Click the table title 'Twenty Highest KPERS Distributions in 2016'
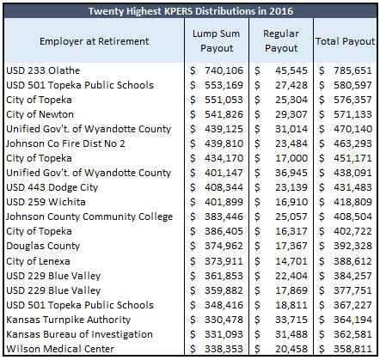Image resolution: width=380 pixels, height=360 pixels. (191, 11)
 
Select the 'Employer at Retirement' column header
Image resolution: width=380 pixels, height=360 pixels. (94, 41)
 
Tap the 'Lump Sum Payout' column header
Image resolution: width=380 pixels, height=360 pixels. (217, 40)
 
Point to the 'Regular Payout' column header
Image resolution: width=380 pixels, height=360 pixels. (281, 40)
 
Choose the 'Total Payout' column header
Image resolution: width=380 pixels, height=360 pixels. (345, 41)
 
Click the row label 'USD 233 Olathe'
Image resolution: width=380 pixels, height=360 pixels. (43, 70)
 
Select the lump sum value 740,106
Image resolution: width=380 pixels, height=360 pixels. (224, 70)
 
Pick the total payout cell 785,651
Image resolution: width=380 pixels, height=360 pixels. (352, 70)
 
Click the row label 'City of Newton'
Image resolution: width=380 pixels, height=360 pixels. (40, 114)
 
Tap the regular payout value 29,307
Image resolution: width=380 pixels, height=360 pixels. (291, 114)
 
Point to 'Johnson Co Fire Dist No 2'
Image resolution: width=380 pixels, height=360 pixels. (65, 143)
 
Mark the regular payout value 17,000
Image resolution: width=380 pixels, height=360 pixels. (291, 158)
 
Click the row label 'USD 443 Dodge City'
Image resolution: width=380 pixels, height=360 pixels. (52, 187)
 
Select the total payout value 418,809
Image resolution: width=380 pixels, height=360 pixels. (352, 202)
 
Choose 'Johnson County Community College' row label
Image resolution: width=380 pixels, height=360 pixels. (89, 217)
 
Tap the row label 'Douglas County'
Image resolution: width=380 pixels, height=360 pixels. (43, 246)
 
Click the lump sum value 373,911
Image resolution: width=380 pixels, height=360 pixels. (224, 261)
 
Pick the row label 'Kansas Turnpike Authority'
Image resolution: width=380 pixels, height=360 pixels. (69, 320)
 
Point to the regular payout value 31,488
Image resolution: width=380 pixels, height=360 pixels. (291, 334)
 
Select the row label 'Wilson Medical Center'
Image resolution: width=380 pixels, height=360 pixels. (60, 349)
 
